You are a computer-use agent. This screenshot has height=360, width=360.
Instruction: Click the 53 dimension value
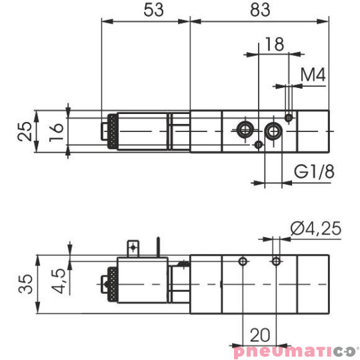[x=153, y=10]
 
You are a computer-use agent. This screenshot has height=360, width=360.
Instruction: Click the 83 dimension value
[x=260, y=10]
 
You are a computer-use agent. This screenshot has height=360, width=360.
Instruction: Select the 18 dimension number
[x=275, y=44]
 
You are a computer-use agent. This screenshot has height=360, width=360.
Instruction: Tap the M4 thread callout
[x=313, y=75]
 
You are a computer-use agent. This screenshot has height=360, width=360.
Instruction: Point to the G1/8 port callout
[x=314, y=171]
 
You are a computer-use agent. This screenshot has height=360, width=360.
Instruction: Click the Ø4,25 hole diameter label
[x=316, y=229]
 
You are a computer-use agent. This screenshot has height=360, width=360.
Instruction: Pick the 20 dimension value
[x=260, y=335]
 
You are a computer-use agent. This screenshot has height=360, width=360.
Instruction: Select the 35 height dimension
[x=25, y=284]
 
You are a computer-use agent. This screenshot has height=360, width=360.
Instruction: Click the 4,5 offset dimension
[x=58, y=281]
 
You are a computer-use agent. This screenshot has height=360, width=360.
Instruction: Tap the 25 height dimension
[x=25, y=131]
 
